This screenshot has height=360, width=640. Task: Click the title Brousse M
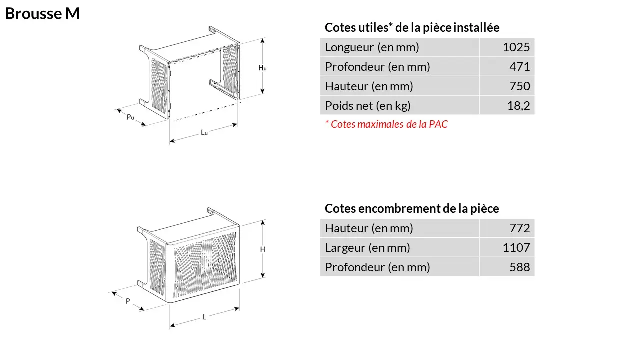(x=42, y=13)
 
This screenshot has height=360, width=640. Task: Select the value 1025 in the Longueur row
(x=516, y=47)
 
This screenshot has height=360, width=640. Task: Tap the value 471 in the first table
(x=519, y=67)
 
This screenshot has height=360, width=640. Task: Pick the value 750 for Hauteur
(x=519, y=86)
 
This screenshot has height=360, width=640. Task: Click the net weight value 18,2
(x=518, y=106)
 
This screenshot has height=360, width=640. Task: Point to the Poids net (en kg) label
(x=368, y=106)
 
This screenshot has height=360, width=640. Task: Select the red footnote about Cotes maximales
(x=386, y=124)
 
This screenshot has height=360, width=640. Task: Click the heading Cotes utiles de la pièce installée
(x=412, y=27)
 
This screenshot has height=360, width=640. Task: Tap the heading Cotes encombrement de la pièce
(x=412, y=209)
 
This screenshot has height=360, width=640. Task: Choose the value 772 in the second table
(x=519, y=228)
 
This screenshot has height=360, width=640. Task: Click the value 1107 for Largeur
(x=516, y=248)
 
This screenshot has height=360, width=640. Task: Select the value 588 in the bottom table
(x=519, y=267)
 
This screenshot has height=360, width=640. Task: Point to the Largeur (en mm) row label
(x=367, y=248)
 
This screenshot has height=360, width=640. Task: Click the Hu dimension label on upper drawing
(x=262, y=68)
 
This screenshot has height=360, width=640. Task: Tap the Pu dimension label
(x=130, y=117)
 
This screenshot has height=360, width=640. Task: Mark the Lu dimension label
(x=204, y=132)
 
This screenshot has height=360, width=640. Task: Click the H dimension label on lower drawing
(x=263, y=249)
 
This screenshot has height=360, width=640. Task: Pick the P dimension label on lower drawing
(x=128, y=301)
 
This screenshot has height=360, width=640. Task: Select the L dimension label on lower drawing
(x=204, y=317)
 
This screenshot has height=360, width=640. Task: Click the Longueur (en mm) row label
(x=372, y=47)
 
